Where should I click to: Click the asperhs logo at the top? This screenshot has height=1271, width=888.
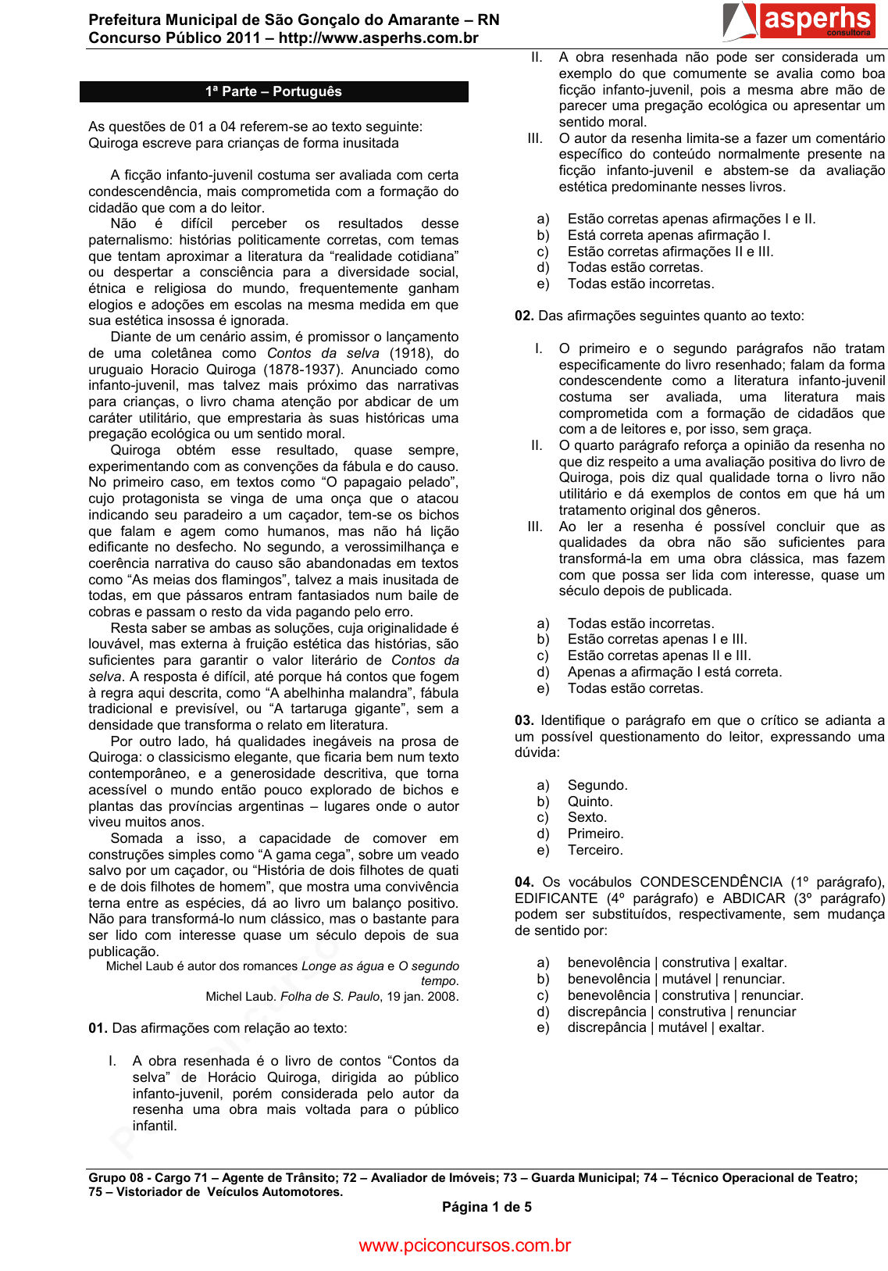click(799, 21)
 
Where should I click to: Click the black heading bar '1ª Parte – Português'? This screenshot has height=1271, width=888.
click(273, 91)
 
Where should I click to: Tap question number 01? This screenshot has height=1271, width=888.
click(98, 1028)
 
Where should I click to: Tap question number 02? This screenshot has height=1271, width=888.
click(524, 316)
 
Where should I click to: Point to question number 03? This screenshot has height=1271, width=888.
click(524, 720)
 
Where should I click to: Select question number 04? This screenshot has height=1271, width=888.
click(524, 882)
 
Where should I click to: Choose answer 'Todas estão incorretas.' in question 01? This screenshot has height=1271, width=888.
click(640, 284)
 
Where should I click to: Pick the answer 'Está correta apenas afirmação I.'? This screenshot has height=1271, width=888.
click(669, 235)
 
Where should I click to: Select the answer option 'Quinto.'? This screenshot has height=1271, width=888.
click(590, 802)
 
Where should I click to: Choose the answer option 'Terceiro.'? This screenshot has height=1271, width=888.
click(595, 850)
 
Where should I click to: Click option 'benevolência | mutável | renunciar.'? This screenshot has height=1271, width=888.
click(676, 979)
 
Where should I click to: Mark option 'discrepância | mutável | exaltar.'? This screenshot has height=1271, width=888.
click(665, 1027)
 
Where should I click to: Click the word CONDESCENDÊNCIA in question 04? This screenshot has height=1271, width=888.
click(711, 882)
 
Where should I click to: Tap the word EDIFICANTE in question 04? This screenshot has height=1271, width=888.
click(556, 898)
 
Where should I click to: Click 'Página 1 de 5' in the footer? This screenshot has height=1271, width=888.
click(487, 1207)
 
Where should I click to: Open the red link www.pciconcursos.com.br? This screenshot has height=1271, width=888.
click(465, 1245)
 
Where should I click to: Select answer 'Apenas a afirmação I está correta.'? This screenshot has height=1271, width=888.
click(674, 672)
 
